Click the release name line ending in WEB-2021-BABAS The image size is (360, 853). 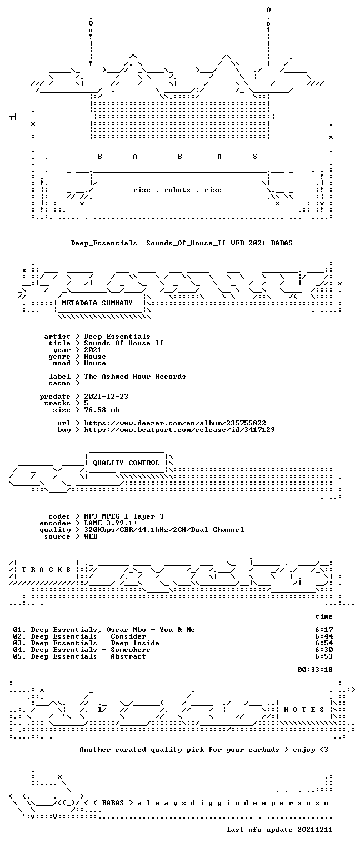pyautogui.click(x=182, y=243)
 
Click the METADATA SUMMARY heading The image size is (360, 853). pyautogui.click(x=97, y=303)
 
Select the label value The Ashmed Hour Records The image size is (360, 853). pyautogui.click(x=135, y=376)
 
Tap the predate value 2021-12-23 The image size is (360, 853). pyautogui.click(x=106, y=397)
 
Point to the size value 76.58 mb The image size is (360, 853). pyautogui.click(x=102, y=410)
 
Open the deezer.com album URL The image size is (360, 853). pyautogui.click(x=175, y=423)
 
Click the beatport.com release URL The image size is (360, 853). pyautogui.click(x=179, y=430)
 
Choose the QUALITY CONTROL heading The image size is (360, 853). pyautogui.click(x=126, y=463)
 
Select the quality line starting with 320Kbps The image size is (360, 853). pyautogui.click(x=164, y=530)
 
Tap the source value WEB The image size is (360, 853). pyautogui.click(x=91, y=536)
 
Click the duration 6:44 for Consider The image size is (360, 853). pyautogui.click(x=324, y=636)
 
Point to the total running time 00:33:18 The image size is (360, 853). pyautogui.click(x=315, y=670)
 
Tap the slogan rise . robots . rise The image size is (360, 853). pyautogui.click(x=177, y=190)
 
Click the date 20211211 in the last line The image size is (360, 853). pyautogui.click(x=314, y=830)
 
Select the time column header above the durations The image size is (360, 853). pyautogui.click(x=324, y=616)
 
